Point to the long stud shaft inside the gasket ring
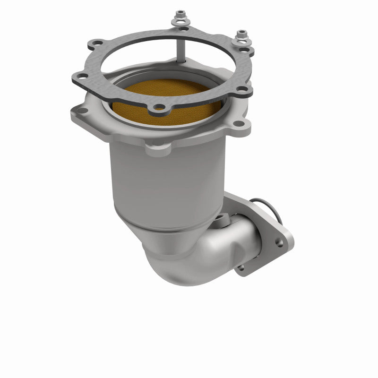click(180, 47)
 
